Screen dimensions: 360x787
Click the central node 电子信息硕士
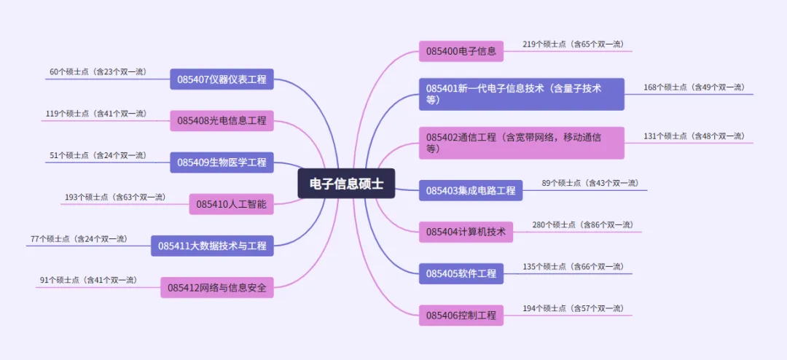(x=346, y=184)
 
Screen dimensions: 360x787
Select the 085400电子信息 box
(x=461, y=51)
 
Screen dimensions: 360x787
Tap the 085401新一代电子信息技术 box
(x=521, y=94)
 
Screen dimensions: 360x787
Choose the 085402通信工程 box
(x=521, y=143)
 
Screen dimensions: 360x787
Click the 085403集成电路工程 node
(x=470, y=191)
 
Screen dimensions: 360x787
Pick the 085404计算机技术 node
(x=466, y=232)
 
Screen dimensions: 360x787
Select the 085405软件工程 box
(x=461, y=274)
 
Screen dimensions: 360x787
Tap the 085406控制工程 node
(x=461, y=316)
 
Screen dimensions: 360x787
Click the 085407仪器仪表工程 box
(x=222, y=79)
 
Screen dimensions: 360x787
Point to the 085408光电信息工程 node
(x=222, y=121)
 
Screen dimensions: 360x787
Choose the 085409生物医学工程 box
(x=222, y=163)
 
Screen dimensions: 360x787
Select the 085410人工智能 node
(x=231, y=204)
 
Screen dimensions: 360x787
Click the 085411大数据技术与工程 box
(x=212, y=246)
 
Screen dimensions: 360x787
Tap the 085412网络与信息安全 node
(x=217, y=289)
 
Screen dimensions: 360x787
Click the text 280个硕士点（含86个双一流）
(x=582, y=224)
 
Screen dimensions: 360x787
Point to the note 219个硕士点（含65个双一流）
(x=573, y=44)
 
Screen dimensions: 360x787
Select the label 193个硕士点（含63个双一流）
(x=114, y=197)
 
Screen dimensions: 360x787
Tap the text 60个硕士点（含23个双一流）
(x=98, y=72)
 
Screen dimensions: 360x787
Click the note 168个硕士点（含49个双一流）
(x=694, y=87)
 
